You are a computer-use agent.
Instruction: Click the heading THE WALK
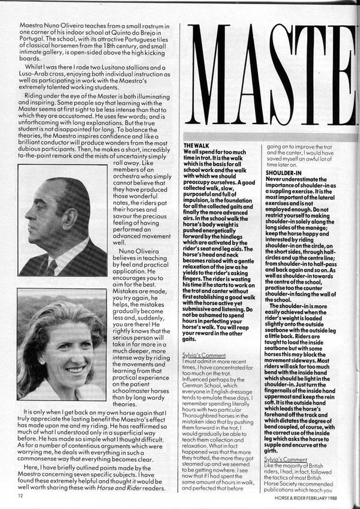[196, 146]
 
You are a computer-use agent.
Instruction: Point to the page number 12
[21, 496]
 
